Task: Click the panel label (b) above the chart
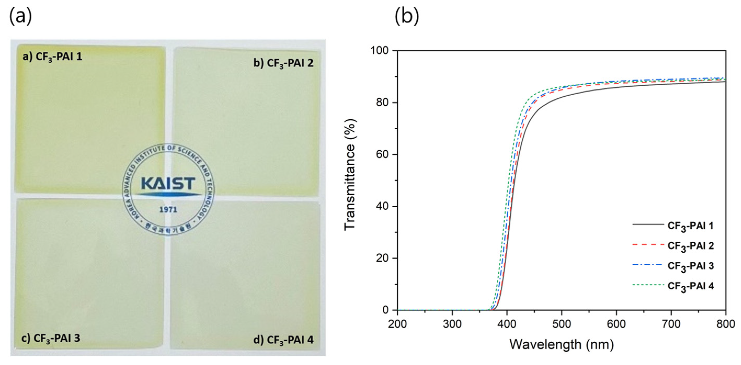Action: point(407,17)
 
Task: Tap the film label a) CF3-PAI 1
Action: point(53,57)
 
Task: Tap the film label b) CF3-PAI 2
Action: point(283,63)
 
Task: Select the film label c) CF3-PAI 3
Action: point(51,338)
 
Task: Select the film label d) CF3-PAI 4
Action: point(283,340)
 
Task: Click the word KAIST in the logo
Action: point(168,183)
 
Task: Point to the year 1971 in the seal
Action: point(168,210)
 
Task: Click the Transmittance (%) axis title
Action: point(350,175)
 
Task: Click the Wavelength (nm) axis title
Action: point(561,344)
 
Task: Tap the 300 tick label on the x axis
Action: point(452,324)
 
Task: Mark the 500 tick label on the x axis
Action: point(561,324)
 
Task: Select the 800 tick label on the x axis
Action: point(726,324)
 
